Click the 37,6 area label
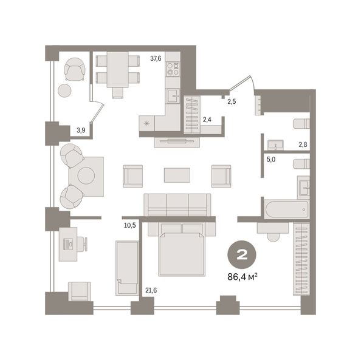pyautogui.click(x=156, y=58)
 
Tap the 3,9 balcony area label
pyautogui.click(x=81, y=131)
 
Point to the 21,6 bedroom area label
pyautogui.click(x=151, y=291)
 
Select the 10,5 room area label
pyautogui.click(x=130, y=225)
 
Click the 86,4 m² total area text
pyautogui.click(x=242, y=277)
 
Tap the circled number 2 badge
pyautogui.click(x=242, y=254)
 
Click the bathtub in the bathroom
pyautogui.click(x=286, y=209)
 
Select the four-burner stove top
pyautogui.click(x=173, y=69)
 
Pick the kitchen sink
pyautogui.click(x=173, y=96)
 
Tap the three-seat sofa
pyautogui.click(x=177, y=205)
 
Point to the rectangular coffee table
pyautogui.click(x=177, y=175)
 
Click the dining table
pyautogui.click(x=118, y=69)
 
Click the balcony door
pyautogui.click(x=97, y=112)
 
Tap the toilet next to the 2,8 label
pyautogui.click(x=301, y=123)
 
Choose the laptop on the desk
pyautogui.click(x=68, y=244)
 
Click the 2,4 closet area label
pyautogui.click(x=207, y=120)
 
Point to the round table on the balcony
pyautogui.click(x=64, y=90)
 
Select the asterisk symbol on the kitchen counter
pyautogui.click(x=146, y=124)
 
